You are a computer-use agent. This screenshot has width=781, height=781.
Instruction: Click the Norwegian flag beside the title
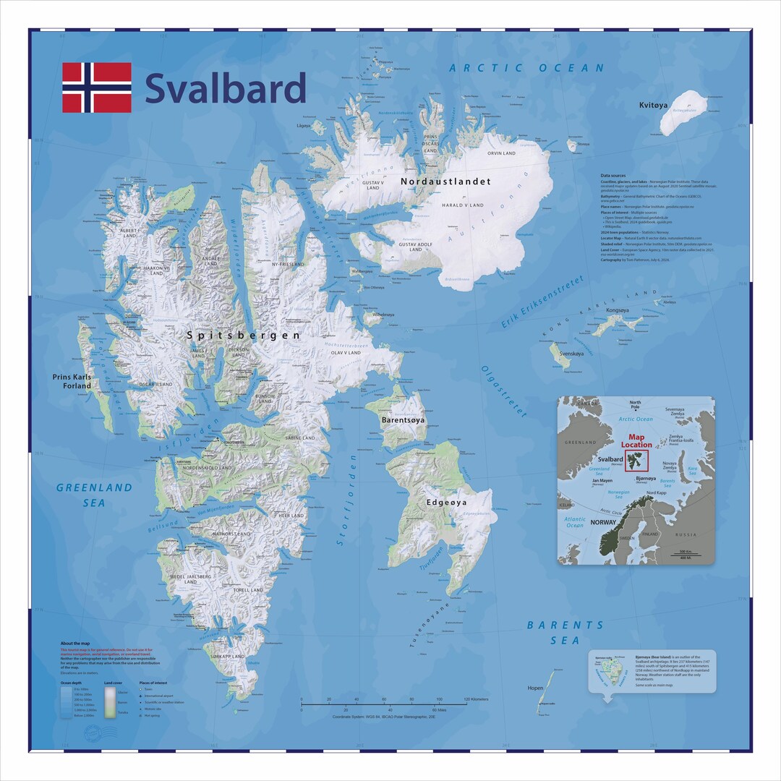click(97, 88)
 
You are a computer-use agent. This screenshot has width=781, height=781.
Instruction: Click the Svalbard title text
click(226, 88)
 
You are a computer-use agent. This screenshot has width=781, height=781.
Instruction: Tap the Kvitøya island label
click(654, 106)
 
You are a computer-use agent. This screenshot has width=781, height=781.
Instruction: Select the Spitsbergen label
click(243, 336)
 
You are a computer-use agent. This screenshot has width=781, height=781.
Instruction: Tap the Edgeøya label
click(446, 502)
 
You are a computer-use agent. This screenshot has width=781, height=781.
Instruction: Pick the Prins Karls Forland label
click(72, 381)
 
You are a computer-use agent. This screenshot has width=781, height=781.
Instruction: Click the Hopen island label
click(536, 688)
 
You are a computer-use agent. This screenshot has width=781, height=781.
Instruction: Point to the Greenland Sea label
click(95, 495)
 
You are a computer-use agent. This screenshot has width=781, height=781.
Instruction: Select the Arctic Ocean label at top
click(526, 68)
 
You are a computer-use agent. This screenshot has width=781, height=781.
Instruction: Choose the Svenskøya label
click(571, 354)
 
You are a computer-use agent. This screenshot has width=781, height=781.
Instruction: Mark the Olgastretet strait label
click(503, 391)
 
